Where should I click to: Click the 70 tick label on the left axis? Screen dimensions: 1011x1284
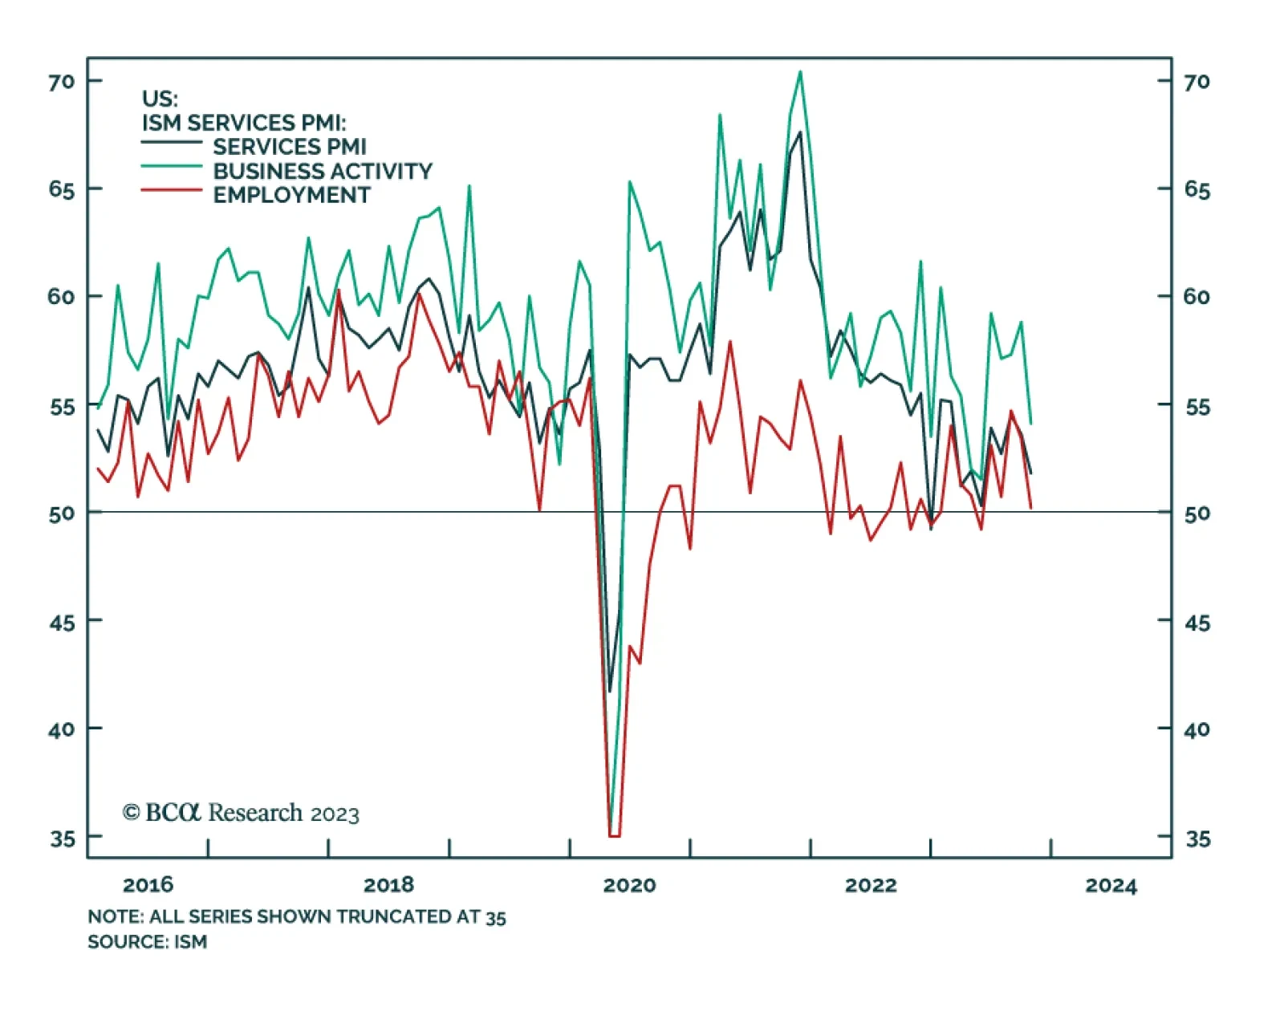61,82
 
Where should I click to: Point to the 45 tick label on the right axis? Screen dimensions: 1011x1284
1197,623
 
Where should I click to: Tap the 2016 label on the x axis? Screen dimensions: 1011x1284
148,885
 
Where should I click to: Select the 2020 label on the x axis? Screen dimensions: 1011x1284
629,885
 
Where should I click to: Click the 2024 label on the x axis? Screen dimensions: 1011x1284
1111,885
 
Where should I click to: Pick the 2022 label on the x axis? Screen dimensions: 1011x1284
871,885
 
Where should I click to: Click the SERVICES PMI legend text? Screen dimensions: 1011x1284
289,147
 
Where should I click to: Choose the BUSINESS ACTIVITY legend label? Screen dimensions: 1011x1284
323,171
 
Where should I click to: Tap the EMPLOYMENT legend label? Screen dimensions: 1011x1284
291,195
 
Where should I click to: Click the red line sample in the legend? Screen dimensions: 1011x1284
171,190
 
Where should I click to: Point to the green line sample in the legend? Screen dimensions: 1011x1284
171,166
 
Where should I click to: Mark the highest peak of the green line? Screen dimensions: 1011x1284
800,72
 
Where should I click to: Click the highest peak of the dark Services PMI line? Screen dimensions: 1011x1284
800,132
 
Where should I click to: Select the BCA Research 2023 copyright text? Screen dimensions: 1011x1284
241,813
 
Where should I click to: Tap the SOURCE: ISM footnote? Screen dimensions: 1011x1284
147,941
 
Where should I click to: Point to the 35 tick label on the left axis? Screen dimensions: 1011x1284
62,838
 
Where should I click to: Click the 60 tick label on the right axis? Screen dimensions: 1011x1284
1197,297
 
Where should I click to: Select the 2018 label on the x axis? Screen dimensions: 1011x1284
388,885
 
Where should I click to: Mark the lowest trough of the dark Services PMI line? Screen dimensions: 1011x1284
610,691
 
